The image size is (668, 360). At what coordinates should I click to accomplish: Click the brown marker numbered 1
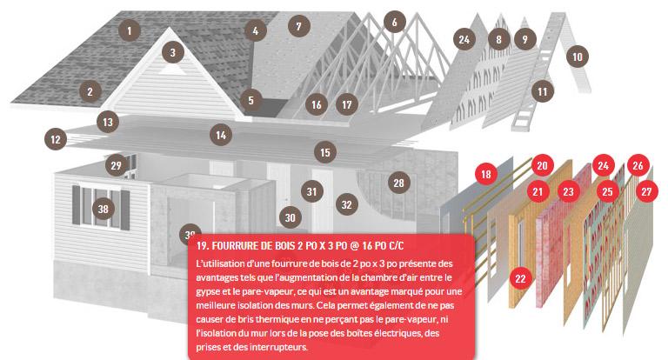click(x=130, y=30)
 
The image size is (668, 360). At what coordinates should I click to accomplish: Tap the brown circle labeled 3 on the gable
click(x=172, y=52)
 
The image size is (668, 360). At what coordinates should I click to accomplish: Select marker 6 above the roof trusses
click(x=395, y=22)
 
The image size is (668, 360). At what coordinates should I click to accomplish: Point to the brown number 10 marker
click(x=578, y=57)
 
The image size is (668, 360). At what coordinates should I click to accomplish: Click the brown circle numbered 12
click(x=56, y=139)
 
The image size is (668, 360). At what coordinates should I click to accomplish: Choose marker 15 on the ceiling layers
click(x=325, y=152)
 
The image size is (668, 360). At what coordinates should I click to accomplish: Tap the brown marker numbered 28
click(x=398, y=183)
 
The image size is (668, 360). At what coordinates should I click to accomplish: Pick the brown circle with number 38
click(x=104, y=209)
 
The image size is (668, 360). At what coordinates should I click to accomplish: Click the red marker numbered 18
click(x=486, y=174)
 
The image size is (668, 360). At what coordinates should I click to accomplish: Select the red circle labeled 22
click(x=521, y=278)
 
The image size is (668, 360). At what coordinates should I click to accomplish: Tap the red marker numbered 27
click(x=647, y=191)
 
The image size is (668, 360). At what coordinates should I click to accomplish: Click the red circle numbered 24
click(x=604, y=165)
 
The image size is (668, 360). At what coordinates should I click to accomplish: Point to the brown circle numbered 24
click(x=464, y=39)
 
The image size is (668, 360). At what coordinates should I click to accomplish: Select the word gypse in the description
click(x=208, y=292)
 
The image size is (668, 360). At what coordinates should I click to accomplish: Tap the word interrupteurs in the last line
click(x=283, y=347)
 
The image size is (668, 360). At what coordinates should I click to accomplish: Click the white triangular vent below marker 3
click(x=172, y=69)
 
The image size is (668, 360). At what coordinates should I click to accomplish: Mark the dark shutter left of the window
click(x=77, y=205)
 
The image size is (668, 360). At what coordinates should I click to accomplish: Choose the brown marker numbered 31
click(x=312, y=191)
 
